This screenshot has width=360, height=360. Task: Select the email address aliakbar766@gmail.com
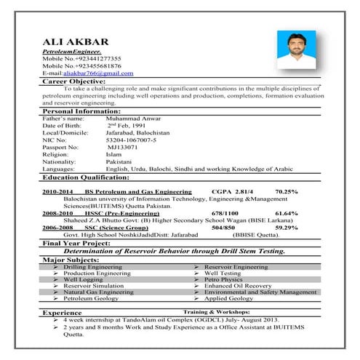(97, 73)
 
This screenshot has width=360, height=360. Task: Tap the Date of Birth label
(63, 124)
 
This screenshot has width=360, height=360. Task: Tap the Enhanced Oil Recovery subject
(231, 285)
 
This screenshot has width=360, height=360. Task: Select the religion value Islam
(114, 154)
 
